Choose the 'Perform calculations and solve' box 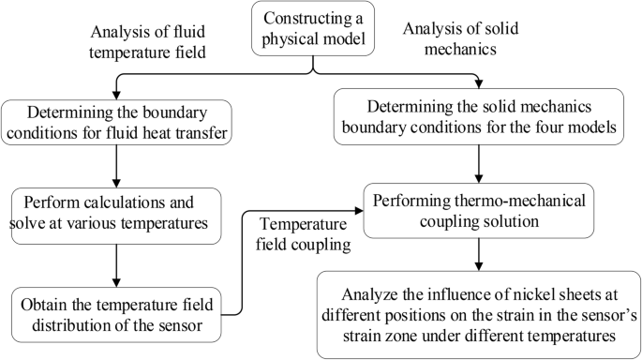tap(115, 215)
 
